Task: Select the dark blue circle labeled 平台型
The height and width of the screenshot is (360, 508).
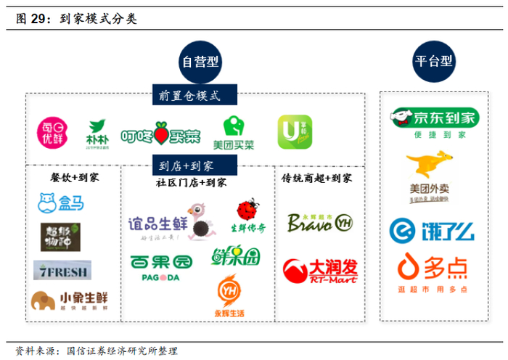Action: pos(434,63)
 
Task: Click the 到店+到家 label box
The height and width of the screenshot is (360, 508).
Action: pos(187,165)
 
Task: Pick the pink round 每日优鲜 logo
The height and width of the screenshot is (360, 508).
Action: pos(52,132)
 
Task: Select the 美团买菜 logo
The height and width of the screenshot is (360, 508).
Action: pos(234,133)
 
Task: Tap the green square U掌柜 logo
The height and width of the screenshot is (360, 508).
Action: pos(294,132)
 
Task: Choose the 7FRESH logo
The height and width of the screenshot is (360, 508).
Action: pos(62,271)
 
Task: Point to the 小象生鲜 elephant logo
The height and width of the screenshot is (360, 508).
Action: pos(68,299)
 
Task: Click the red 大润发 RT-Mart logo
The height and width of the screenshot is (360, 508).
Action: pos(319,271)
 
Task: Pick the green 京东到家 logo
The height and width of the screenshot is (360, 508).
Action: pos(433,120)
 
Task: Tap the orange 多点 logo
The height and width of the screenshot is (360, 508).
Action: pos(432,271)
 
